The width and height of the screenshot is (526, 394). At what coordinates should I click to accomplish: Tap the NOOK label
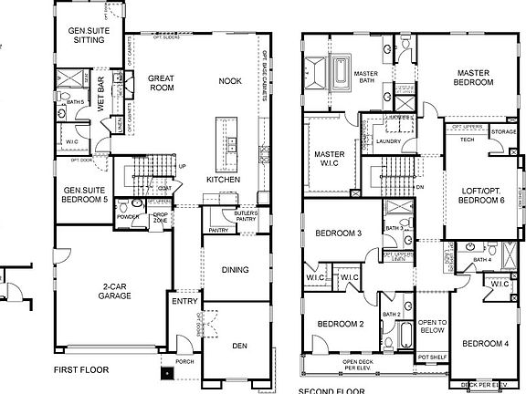pos(230,81)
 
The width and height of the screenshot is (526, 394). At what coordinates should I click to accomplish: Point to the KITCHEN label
pos(223,180)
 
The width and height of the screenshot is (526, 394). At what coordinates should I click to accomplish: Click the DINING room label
pos(237,269)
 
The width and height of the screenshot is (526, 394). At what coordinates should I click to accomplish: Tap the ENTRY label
pos(184,300)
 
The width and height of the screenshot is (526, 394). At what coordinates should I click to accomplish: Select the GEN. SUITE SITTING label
pos(90,35)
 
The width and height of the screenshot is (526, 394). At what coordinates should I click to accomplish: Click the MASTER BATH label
pos(367,78)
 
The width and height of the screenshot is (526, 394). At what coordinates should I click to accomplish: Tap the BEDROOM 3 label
pos(337,233)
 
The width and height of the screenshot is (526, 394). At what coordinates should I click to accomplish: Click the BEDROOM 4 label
pos(484,344)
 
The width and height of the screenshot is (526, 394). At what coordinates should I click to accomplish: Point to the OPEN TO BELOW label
pos(431,327)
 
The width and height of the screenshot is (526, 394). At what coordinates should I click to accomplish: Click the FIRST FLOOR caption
pos(81,370)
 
